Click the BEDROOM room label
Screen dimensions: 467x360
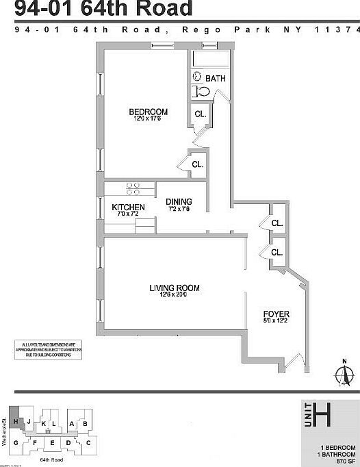[x=149, y=112]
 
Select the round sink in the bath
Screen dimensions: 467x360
[x=196, y=77]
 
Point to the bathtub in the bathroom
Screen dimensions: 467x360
[x=211, y=58]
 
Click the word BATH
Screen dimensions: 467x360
[x=214, y=78]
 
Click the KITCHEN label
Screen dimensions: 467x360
[x=128, y=207]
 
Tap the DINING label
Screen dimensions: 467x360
[x=179, y=201]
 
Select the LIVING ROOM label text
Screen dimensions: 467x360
[x=174, y=288]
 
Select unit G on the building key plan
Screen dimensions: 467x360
[x=15, y=443]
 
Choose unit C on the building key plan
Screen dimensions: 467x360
[x=88, y=443]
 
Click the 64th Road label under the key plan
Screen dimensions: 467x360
[x=52, y=460]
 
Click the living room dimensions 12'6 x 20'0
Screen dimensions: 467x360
[x=174, y=295]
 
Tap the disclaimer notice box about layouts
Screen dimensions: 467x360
[x=48, y=349]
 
